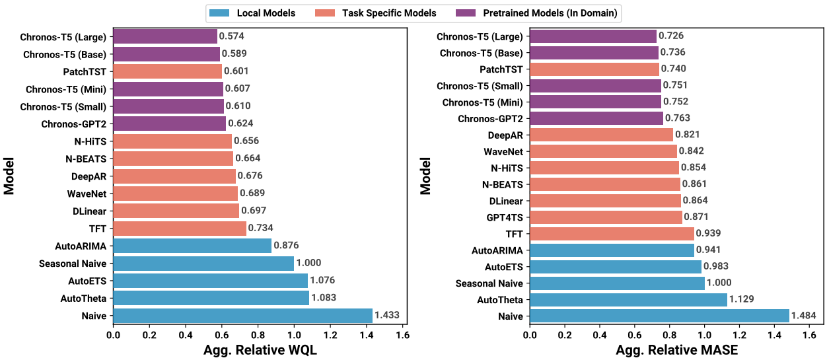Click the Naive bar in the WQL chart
click(x=242, y=316)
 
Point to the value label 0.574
click(x=233, y=36)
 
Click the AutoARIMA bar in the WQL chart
click(x=192, y=246)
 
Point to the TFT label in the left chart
click(x=98, y=229)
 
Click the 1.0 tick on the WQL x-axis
click(x=294, y=336)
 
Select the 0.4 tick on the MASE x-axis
click(x=600, y=336)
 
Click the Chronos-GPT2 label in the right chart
click(x=490, y=119)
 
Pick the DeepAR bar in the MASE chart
click(x=601, y=135)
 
